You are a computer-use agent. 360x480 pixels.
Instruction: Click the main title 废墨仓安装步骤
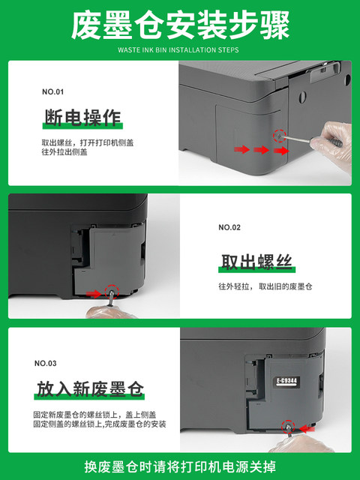(x=180, y=25)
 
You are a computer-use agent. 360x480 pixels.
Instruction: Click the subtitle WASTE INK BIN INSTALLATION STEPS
(x=178, y=50)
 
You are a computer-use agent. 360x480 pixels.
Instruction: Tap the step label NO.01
(x=53, y=91)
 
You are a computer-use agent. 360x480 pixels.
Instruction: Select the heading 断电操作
(x=83, y=118)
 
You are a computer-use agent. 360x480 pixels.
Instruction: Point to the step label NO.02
(x=229, y=227)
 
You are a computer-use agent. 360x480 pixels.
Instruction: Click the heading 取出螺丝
(x=256, y=262)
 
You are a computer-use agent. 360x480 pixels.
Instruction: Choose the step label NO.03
(x=46, y=363)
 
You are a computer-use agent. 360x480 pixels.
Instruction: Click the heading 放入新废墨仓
(x=90, y=389)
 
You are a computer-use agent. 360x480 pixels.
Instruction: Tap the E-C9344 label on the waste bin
(x=286, y=381)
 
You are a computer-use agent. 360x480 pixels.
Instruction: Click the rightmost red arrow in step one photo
(x=281, y=150)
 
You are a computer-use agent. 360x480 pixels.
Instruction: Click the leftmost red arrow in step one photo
(x=241, y=149)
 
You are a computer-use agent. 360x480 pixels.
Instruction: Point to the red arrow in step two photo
(x=94, y=294)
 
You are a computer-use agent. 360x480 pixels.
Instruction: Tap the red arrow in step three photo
(x=307, y=428)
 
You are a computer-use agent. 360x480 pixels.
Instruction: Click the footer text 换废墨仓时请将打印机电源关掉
(x=180, y=466)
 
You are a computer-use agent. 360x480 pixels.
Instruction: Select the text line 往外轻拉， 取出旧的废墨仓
(x=265, y=286)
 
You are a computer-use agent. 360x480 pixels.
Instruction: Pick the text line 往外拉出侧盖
(x=64, y=151)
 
